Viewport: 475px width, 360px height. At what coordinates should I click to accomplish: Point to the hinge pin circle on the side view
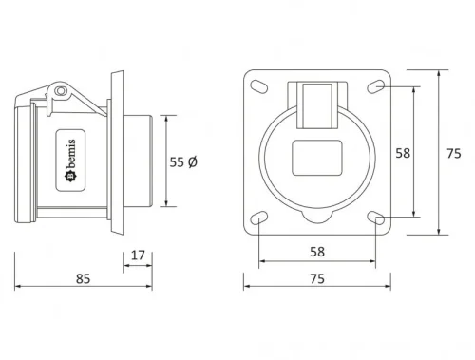tap(62, 91)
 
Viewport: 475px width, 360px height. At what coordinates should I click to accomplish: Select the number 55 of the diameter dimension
tap(177, 163)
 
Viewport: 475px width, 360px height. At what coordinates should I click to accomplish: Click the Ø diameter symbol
tap(194, 163)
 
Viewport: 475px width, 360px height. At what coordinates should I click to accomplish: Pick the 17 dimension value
tap(138, 254)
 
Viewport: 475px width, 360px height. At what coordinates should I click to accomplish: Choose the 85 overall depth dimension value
tap(83, 279)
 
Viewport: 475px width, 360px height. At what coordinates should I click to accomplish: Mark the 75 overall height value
tap(453, 153)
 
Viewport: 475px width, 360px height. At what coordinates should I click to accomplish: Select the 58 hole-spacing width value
tap(318, 251)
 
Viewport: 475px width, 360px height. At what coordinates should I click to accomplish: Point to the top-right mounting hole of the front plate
tap(378, 87)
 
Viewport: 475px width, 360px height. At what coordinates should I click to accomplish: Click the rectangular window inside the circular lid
tap(318, 157)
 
